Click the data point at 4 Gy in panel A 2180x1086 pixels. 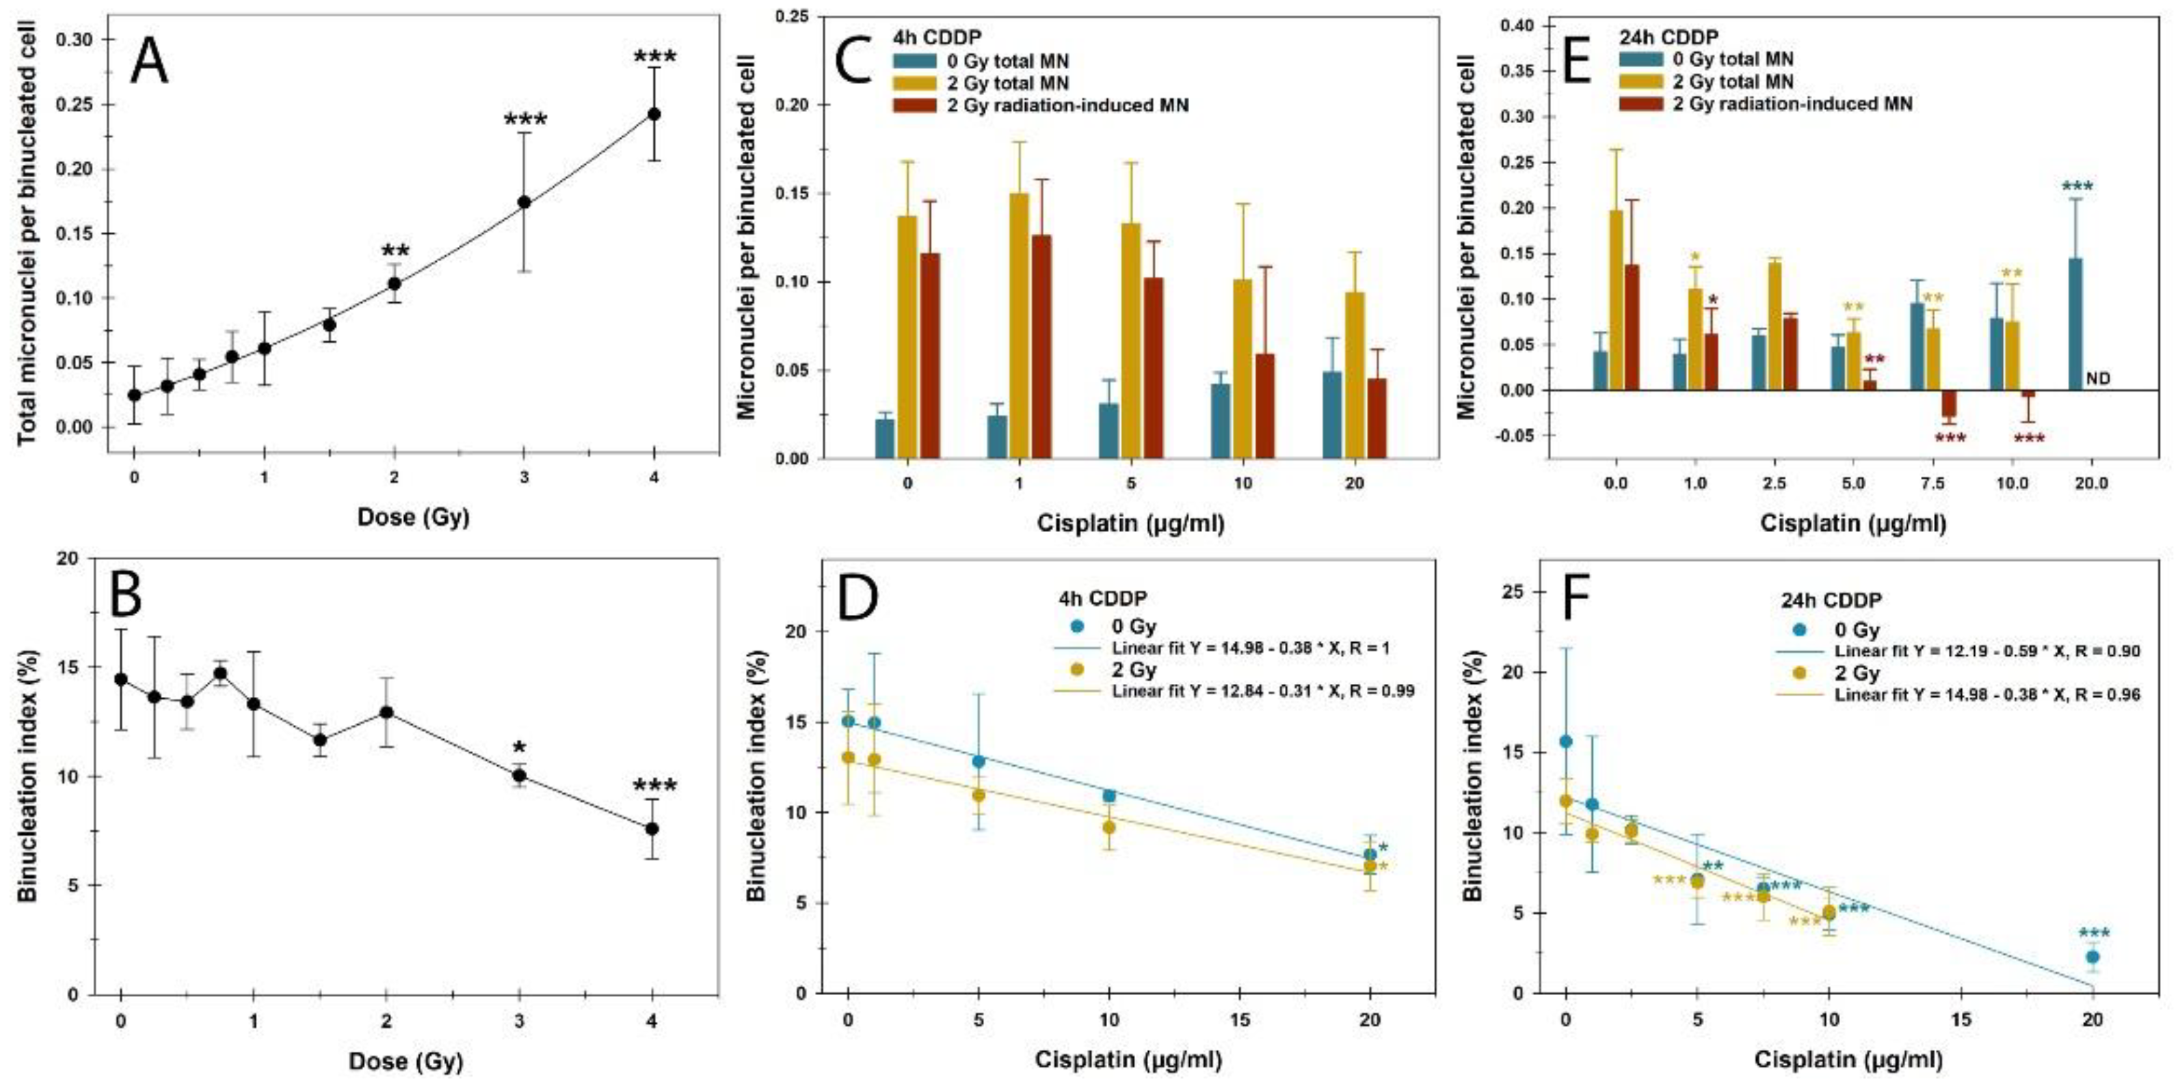click(x=653, y=114)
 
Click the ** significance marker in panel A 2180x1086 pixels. click(x=395, y=252)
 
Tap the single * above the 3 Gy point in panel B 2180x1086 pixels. click(x=520, y=748)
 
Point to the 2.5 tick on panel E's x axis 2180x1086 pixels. click(x=1774, y=484)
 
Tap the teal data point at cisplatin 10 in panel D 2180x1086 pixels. click(x=1108, y=795)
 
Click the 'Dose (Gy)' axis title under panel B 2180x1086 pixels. click(x=406, y=1060)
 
